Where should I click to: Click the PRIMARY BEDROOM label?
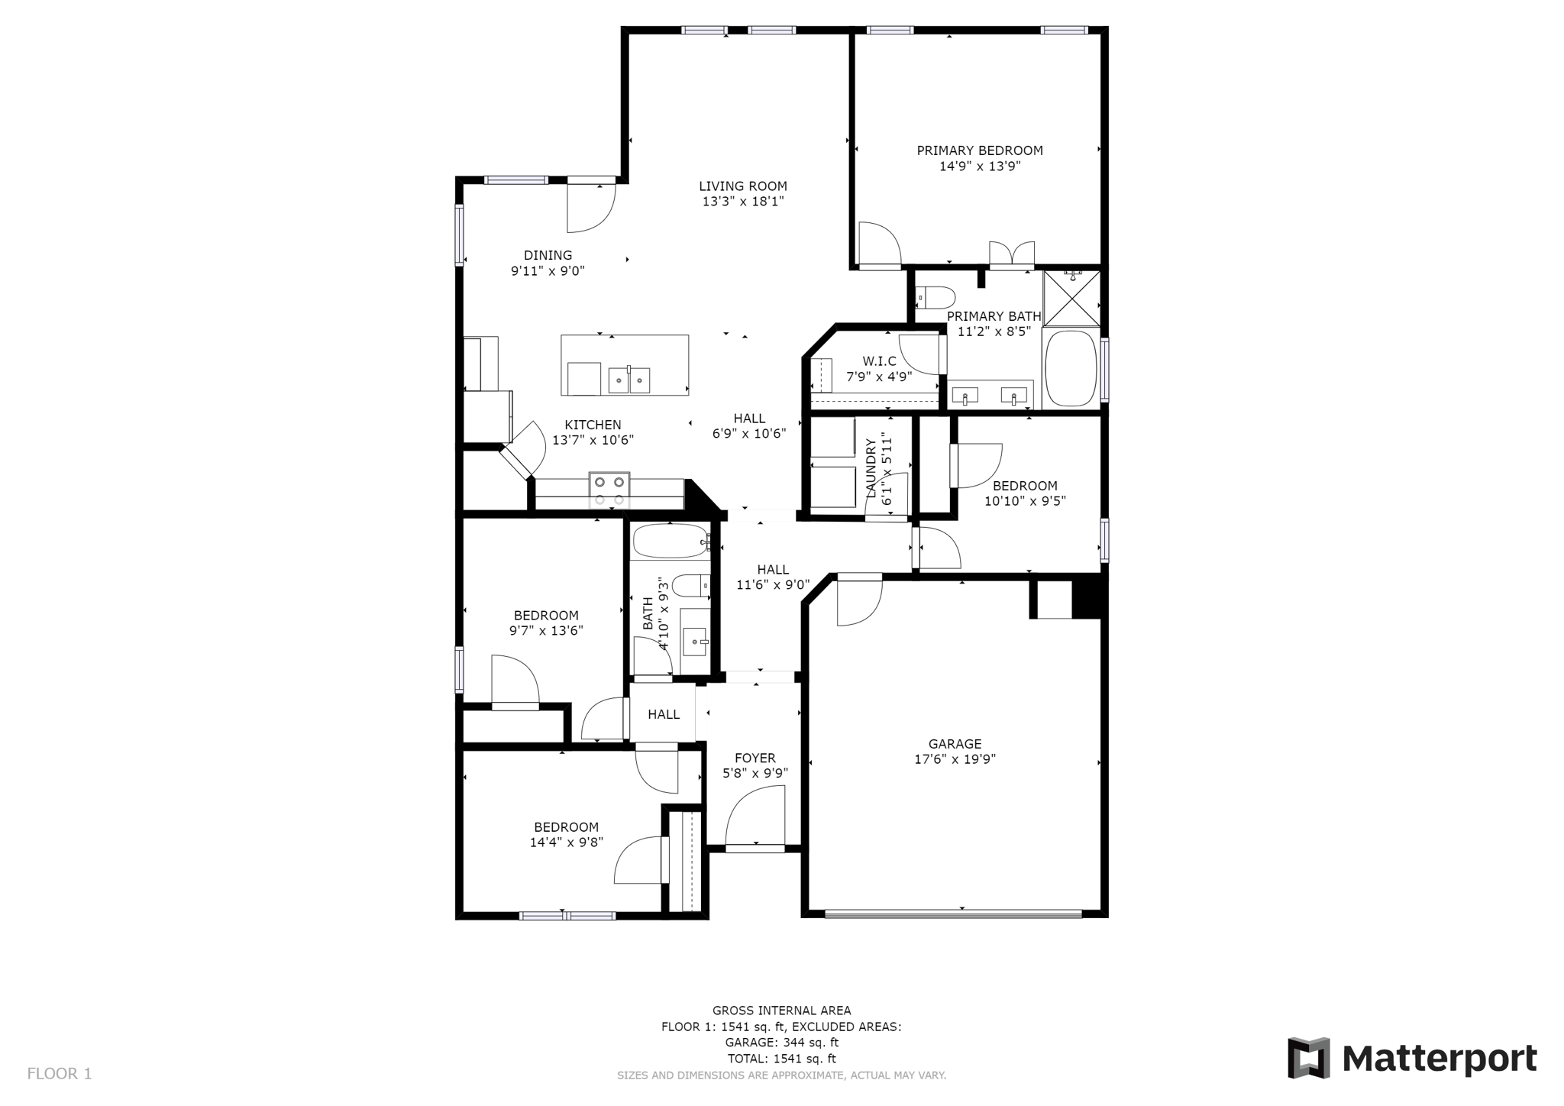click(980, 150)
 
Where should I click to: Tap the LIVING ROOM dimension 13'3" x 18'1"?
click(743, 202)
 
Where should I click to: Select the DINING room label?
click(548, 255)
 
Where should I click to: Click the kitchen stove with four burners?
click(609, 490)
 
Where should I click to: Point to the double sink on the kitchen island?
click(629, 380)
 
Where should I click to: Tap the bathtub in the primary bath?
click(1071, 368)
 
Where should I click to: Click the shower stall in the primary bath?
click(1071, 298)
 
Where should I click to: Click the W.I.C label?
click(879, 361)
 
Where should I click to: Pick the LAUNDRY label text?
click(871, 468)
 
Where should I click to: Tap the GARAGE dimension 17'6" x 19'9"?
click(955, 759)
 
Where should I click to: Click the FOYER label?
click(755, 758)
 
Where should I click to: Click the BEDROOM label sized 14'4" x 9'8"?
click(566, 827)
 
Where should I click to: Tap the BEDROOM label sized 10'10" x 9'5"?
click(1025, 486)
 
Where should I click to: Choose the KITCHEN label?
click(593, 425)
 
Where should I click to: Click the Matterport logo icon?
click(1308, 1058)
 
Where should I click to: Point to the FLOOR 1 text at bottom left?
click(60, 1073)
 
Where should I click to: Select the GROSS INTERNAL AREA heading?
click(781, 1011)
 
